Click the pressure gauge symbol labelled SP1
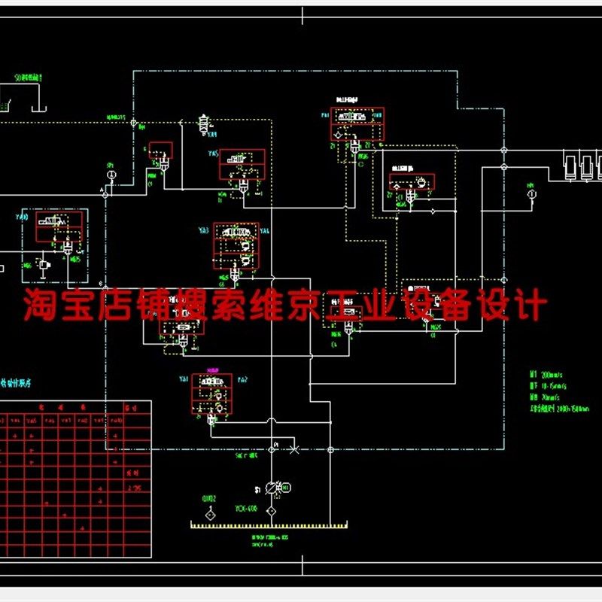111,175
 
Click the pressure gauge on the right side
531,193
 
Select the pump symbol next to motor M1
274,488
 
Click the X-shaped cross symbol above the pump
294,449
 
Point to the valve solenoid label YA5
213,155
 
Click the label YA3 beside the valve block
203,230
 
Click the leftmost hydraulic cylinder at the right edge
571,165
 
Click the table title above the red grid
23,389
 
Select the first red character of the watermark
38,306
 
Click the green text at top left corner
29,78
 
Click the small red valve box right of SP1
161,150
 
